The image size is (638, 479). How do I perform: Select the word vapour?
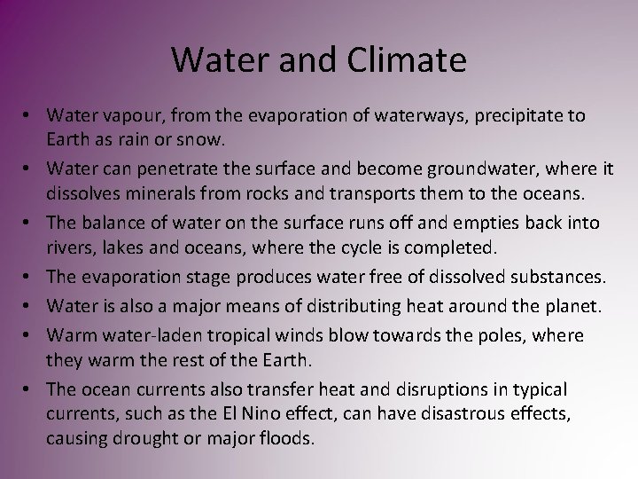pyautogui.click(x=126, y=116)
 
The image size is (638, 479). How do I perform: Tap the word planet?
pyautogui.click(x=572, y=308)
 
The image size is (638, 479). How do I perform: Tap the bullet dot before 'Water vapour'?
pyautogui.click(x=34, y=116)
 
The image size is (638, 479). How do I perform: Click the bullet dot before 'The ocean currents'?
pyautogui.click(x=34, y=389)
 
